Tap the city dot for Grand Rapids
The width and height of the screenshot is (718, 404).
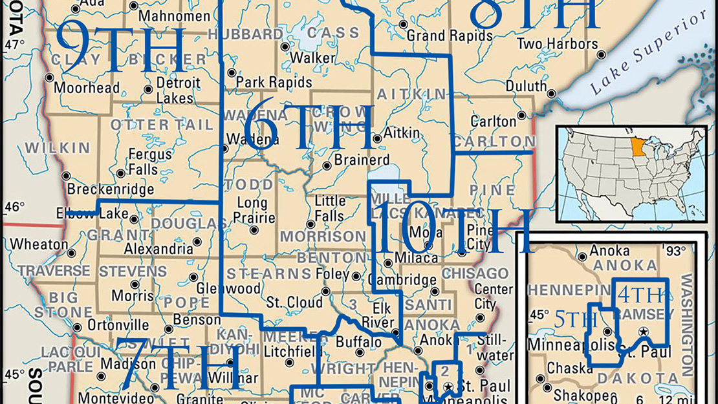pyautogui.click(x=403, y=25)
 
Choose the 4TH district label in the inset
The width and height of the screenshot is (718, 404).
pyautogui.click(x=640, y=295)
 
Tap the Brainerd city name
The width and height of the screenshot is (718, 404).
pyautogui.click(x=362, y=159)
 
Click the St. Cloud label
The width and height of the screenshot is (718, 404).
pyautogui.click(x=294, y=302)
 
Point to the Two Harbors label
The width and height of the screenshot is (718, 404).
pyautogui.click(x=558, y=44)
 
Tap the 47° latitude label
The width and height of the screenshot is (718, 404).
pyautogui.click(x=14, y=45)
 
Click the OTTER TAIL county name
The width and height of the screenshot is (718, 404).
pyautogui.click(x=161, y=124)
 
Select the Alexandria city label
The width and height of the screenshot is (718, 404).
pyautogui.click(x=158, y=249)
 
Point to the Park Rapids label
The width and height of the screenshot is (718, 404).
pyautogui.click(x=274, y=83)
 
